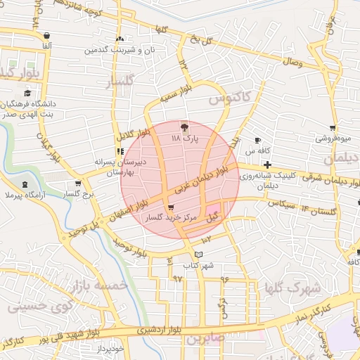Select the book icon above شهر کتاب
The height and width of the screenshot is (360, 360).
coord(198,254)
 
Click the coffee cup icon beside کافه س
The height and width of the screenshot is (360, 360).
coord(257,140)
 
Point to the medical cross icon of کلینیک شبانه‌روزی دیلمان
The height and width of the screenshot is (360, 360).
coord(268,165)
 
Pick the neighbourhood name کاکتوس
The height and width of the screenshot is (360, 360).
coord(229,97)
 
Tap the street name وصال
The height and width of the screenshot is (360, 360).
coord(292,63)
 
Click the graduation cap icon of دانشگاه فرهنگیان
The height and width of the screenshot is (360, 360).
coord(27,93)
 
